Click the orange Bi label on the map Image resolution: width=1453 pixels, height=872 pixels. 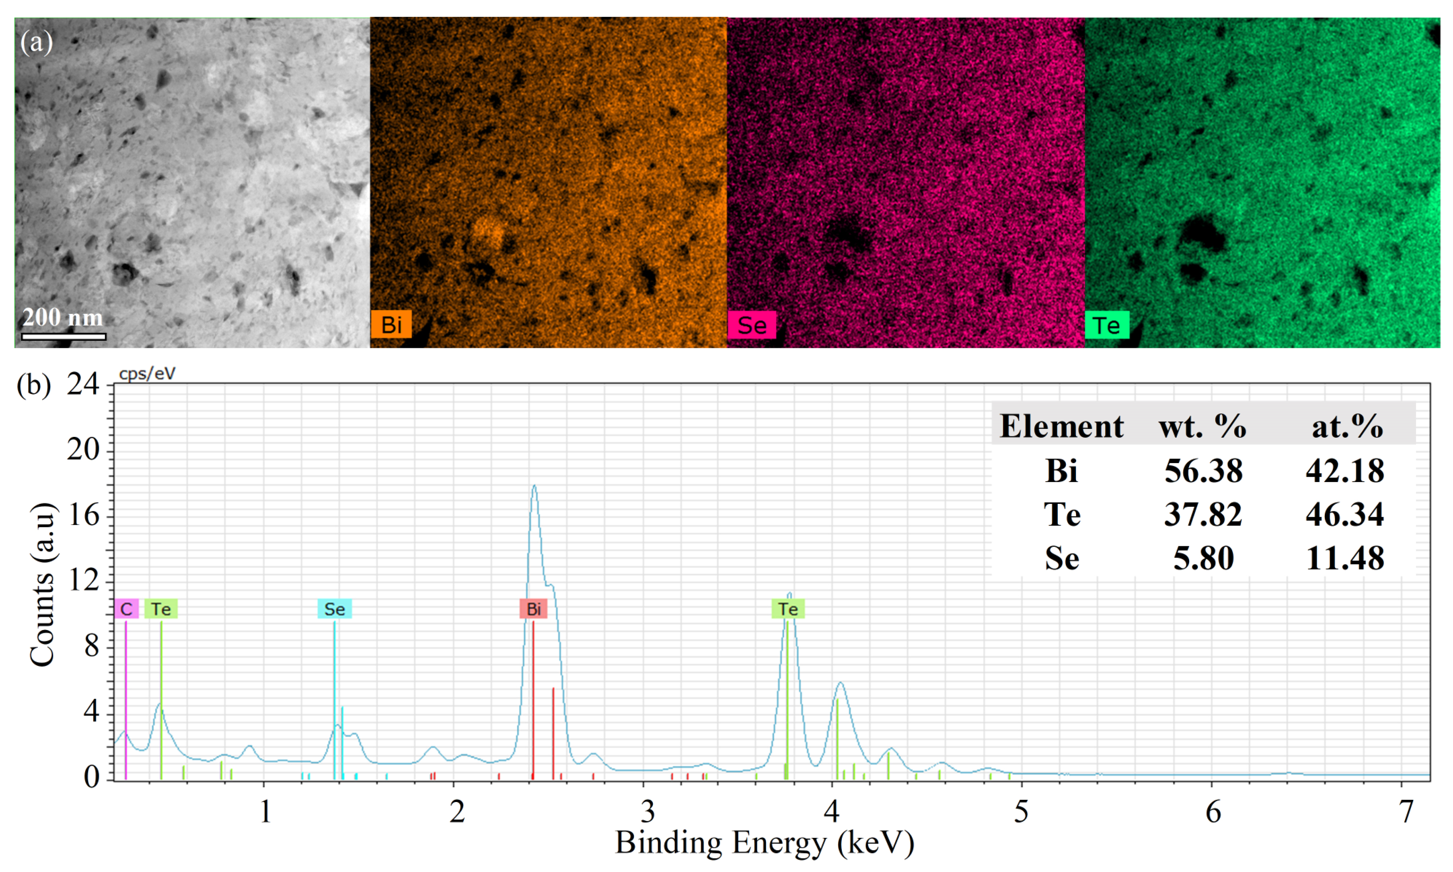[x=391, y=324]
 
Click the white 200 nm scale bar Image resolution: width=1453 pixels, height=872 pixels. [x=63, y=337]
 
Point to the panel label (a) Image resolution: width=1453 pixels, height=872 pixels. [x=36, y=42]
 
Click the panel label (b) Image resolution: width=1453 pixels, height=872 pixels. [x=34, y=385]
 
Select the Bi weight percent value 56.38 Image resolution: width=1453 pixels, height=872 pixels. [x=1203, y=471]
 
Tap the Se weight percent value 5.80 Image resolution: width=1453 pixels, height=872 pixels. [x=1203, y=558]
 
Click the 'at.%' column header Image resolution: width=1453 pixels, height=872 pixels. [x=1347, y=426]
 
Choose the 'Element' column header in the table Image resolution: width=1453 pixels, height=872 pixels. [x=1061, y=426]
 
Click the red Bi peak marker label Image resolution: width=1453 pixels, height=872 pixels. [x=533, y=609]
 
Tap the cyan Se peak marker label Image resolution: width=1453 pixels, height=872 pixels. [x=334, y=609]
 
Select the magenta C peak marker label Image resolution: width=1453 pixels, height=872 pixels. [x=126, y=609]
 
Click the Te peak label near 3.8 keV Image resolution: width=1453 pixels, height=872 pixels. [x=788, y=609]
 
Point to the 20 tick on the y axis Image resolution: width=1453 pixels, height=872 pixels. [x=83, y=450]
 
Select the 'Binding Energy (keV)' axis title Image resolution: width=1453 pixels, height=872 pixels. [x=765, y=843]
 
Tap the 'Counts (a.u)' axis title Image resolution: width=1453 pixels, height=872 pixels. [x=42, y=585]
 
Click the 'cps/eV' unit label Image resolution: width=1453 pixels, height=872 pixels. [x=147, y=374]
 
